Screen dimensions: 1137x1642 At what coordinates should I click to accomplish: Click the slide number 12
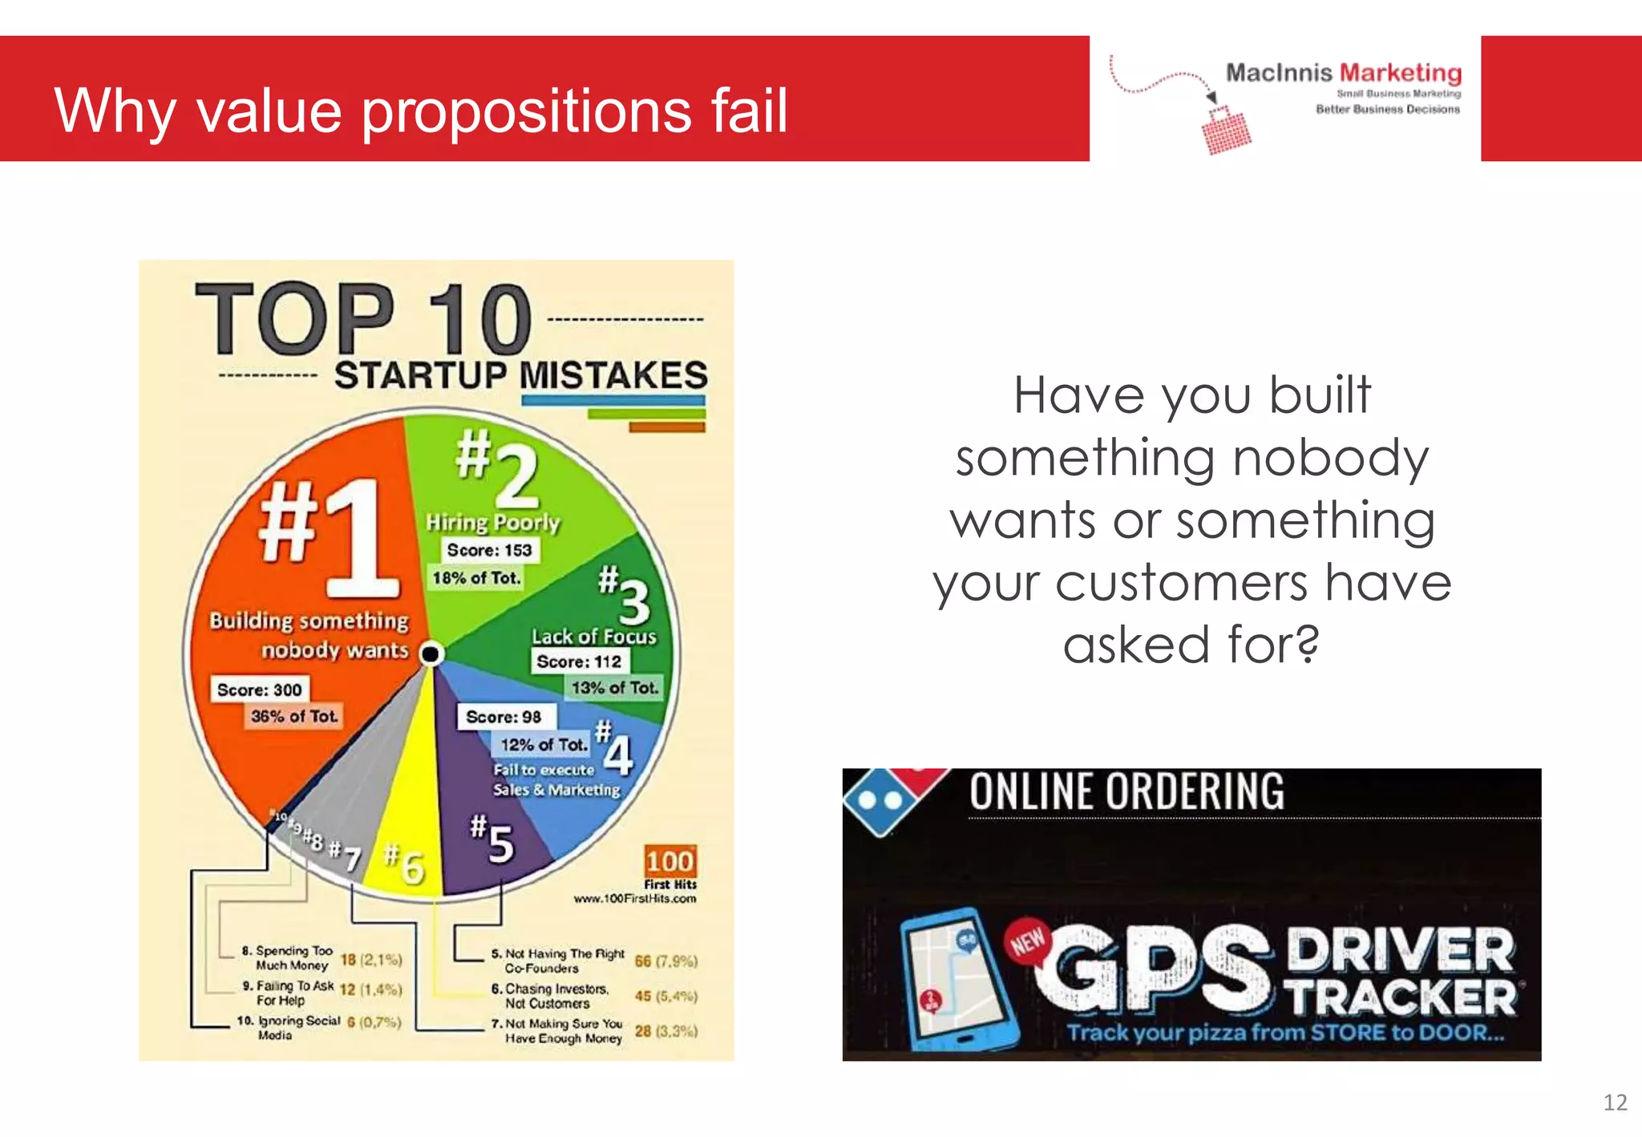tap(1614, 1103)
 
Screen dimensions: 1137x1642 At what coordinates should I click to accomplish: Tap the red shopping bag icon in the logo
tap(1226, 131)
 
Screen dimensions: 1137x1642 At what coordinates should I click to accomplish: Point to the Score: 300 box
tap(259, 690)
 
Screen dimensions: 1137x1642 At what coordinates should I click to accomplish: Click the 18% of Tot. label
tap(476, 577)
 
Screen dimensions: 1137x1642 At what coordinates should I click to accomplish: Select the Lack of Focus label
tap(593, 637)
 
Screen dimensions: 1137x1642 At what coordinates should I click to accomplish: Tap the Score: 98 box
tap(504, 717)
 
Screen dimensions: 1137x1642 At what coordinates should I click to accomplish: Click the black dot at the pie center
tap(431, 653)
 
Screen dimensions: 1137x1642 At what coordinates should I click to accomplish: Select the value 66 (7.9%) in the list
tap(665, 961)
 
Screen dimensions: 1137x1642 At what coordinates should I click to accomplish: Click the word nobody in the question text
tap(1330, 458)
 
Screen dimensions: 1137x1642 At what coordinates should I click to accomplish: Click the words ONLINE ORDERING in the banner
tap(1126, 791)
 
